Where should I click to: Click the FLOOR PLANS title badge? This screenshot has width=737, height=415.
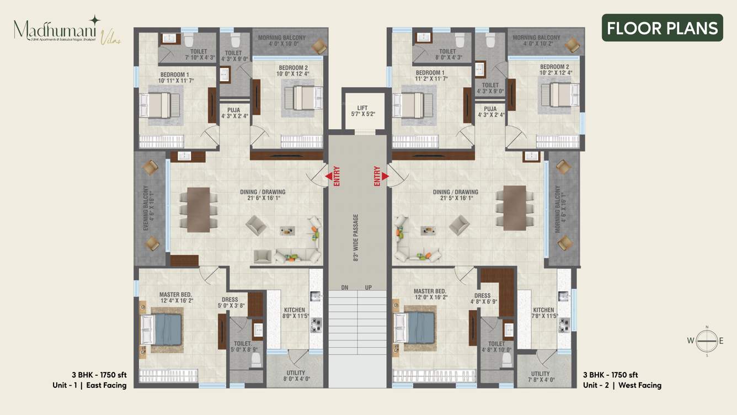click(662, 28)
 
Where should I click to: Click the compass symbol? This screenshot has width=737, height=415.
click(706, 341)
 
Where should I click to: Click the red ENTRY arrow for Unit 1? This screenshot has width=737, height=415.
click(329, 177)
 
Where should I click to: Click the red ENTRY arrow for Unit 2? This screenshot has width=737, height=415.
click(384, 177)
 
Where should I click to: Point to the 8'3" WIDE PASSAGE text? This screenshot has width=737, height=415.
click(356, 237)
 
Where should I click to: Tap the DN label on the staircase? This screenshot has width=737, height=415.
click(344, 288)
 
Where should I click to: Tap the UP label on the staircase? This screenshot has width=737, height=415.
click(368, 288)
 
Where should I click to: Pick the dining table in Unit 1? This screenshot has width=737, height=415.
click(198, 209)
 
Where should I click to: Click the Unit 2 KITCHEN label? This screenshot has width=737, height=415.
click(543, 310)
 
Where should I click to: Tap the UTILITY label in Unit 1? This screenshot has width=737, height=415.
click(296, 373)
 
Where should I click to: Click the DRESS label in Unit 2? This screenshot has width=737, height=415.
click(482, 296)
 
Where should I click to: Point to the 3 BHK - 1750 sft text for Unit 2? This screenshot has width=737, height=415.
click(610, 375)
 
